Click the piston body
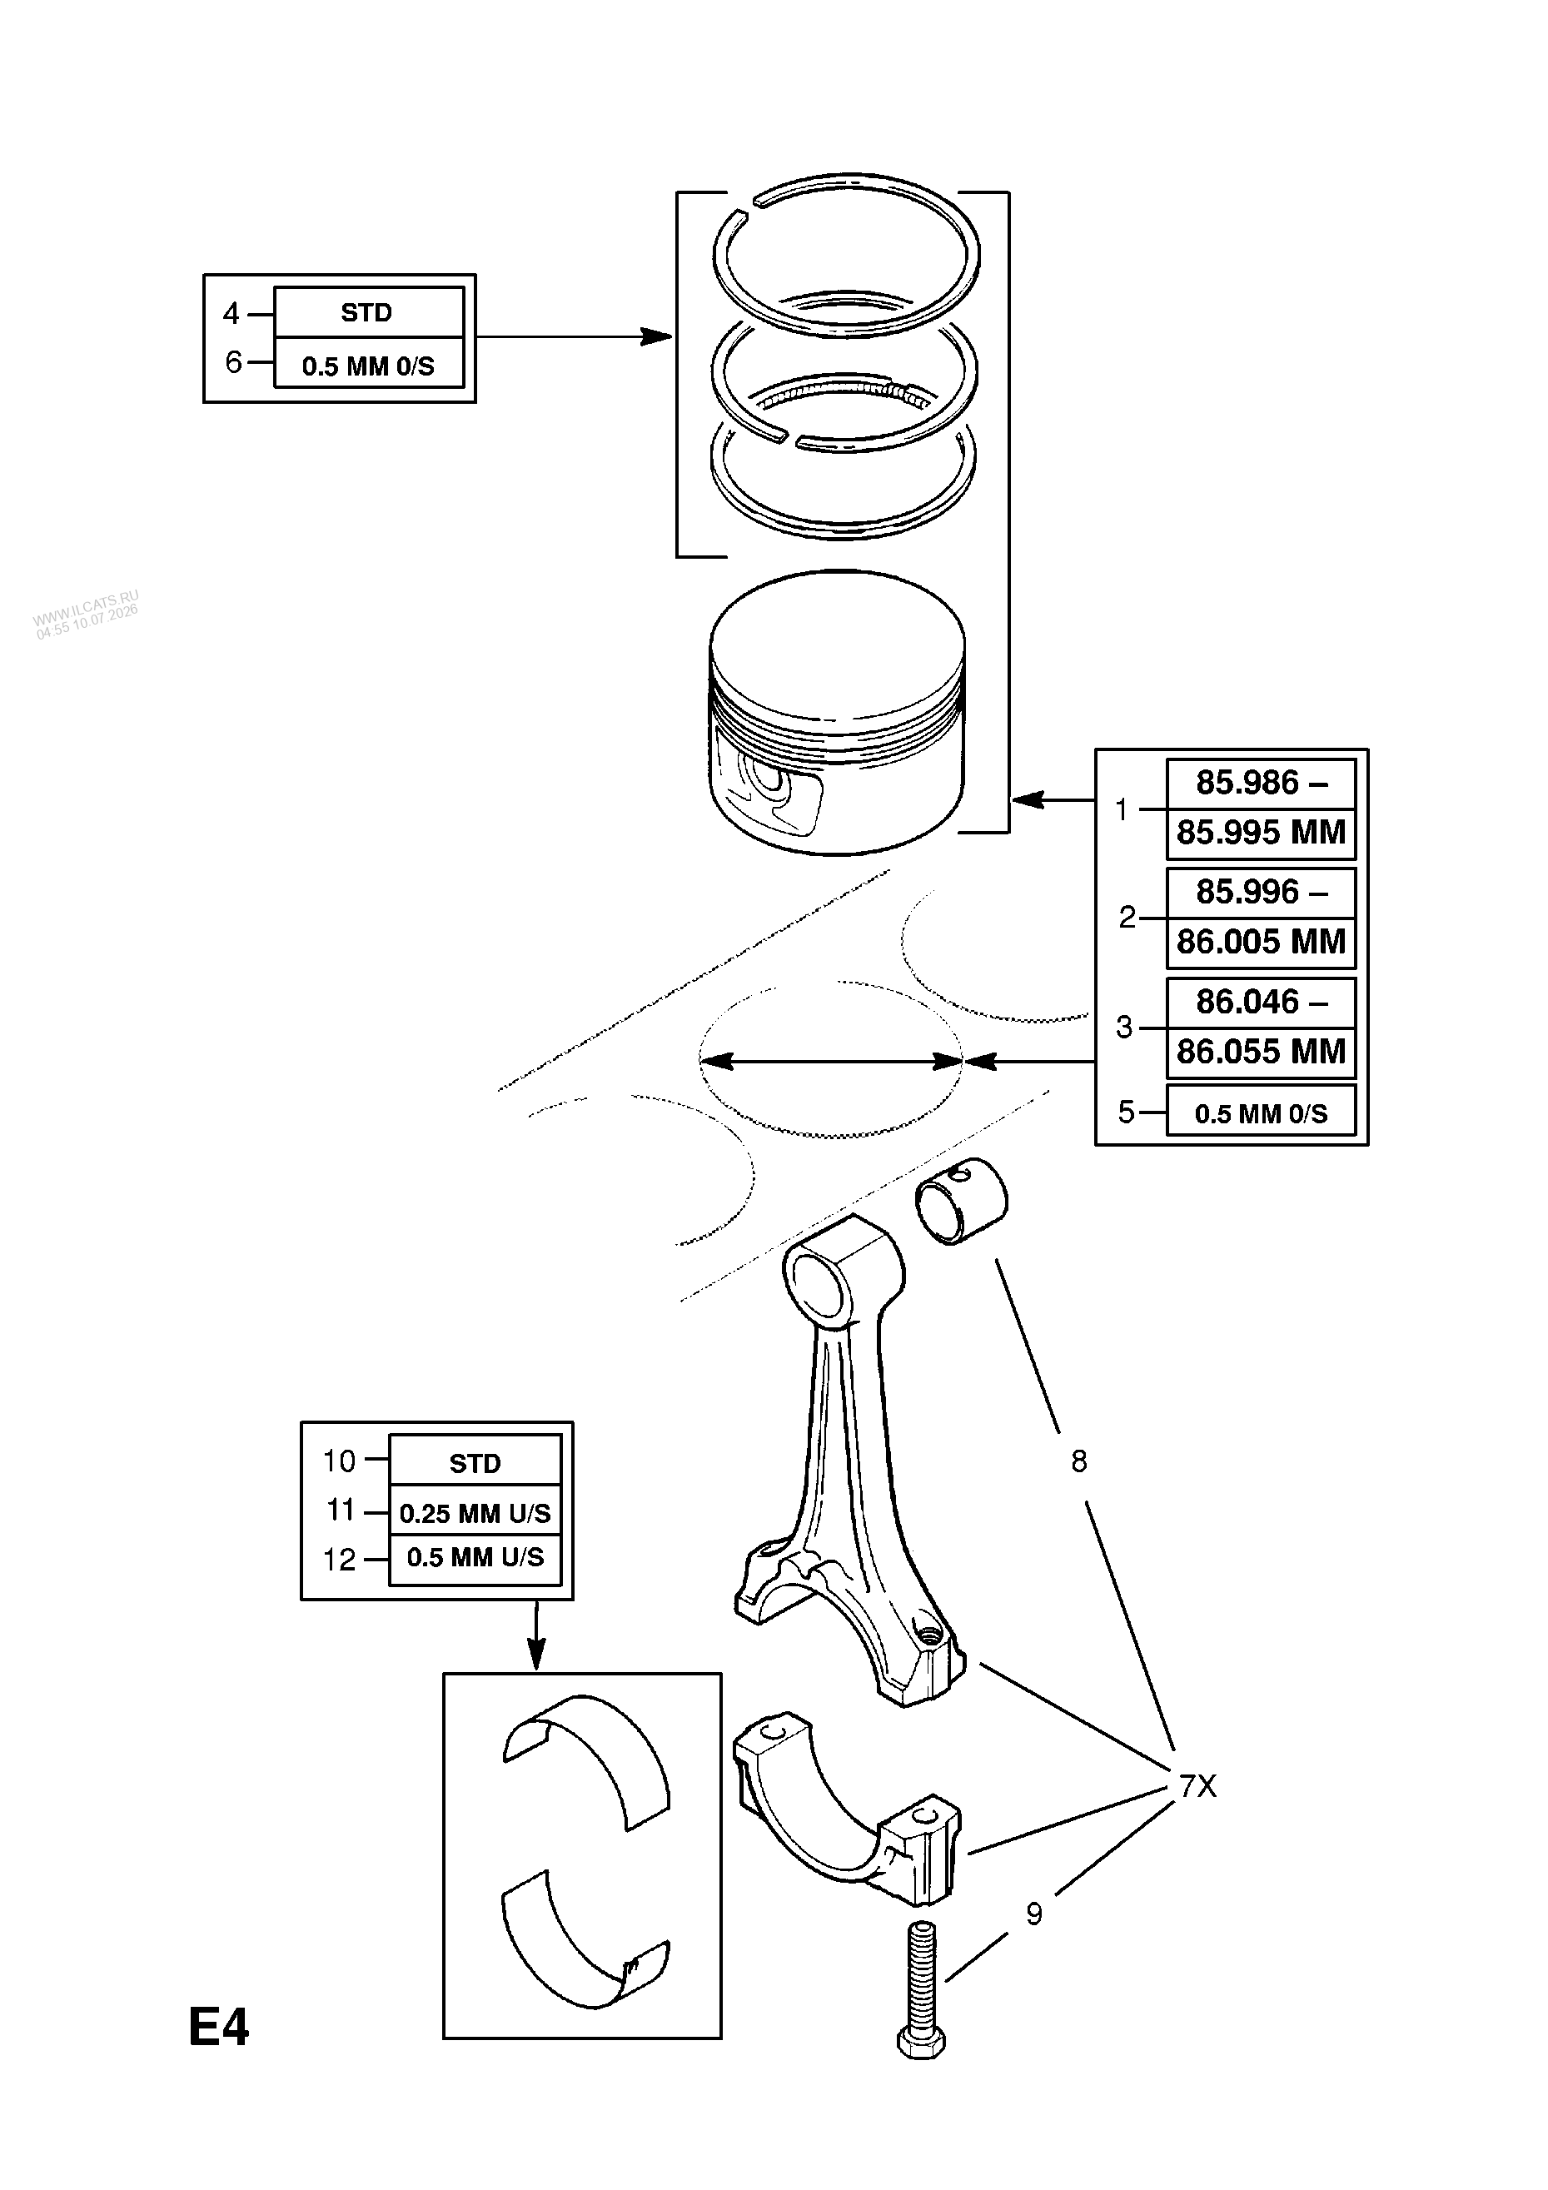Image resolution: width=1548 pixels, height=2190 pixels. tap(837, 714)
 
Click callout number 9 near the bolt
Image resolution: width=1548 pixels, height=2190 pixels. tap(1034, 1914)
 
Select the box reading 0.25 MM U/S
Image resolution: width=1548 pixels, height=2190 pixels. tap(475, 1514)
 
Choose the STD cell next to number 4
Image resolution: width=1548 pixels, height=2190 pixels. tap(367, 313)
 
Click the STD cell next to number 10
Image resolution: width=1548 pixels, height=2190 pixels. tap(475, 1463)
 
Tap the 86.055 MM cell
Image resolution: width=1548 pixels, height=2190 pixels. tap(1261, 1052)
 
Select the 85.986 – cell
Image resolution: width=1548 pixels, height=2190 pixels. tap(1261, 783)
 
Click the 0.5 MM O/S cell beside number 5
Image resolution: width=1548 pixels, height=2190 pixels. tap(1261, 1113)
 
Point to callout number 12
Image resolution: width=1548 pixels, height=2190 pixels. tap(340, 1560)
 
